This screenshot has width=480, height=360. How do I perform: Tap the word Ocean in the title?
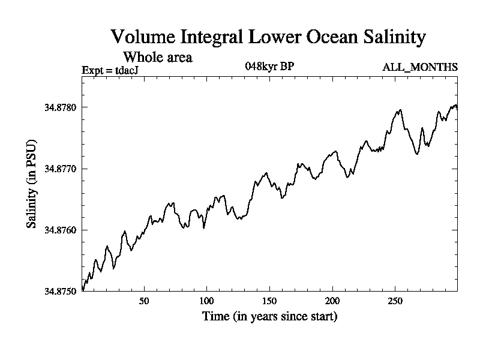tap(328, 37)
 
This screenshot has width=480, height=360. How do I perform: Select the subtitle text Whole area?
tap(157, 58)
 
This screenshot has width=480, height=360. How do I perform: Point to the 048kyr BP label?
tap(269, 66)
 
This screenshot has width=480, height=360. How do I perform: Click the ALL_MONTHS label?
tap(420, 67)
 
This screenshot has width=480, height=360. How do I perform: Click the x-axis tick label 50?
tap(144, 301)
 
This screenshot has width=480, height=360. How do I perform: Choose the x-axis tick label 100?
tap(206, 301)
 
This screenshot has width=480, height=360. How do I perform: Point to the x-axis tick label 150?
tap(269, 301)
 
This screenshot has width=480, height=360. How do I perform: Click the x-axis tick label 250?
tap(395, 301)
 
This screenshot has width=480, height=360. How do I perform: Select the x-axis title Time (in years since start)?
tap(269, 316)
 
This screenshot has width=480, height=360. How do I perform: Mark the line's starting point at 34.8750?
tap(82, 290)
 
